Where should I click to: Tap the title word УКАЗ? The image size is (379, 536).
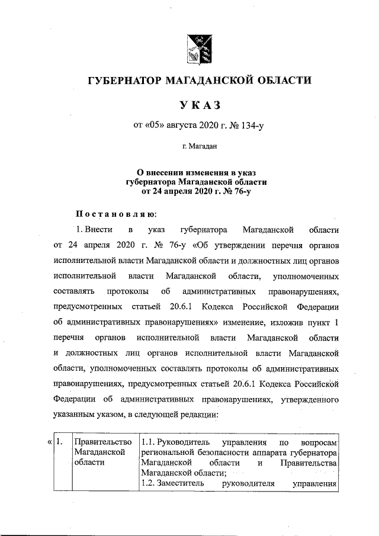click(200, 105)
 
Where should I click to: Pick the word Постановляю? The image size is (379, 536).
click(115, 213)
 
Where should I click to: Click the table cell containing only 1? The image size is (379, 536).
click(61, 443)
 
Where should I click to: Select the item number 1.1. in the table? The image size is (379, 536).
click(150, 442)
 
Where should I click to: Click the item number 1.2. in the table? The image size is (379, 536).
click(150, 484)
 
